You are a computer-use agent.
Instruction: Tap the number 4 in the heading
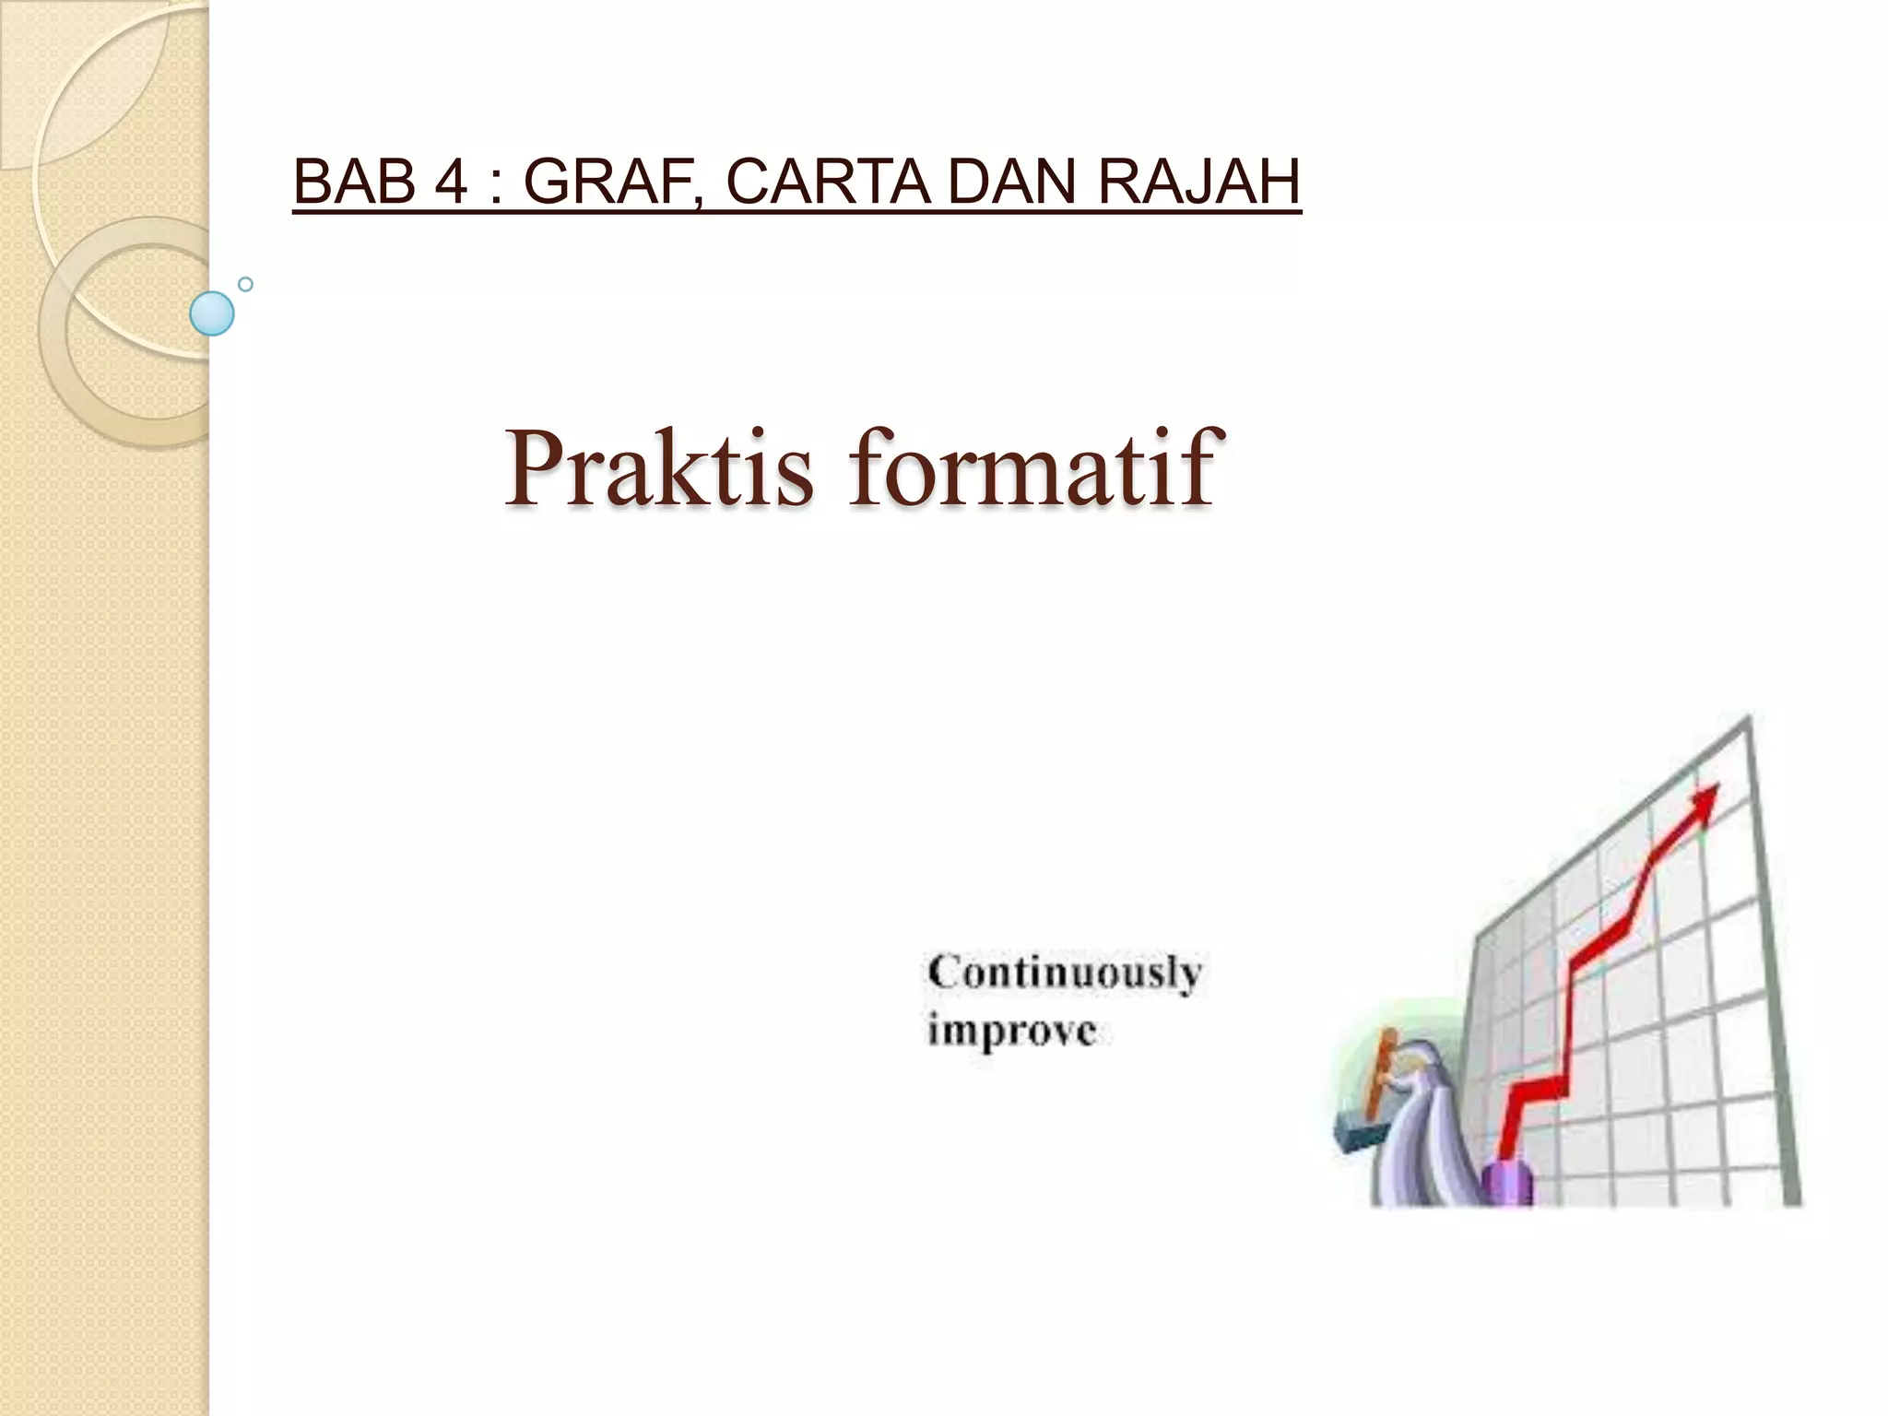pyautogui.click(x=452, y=182)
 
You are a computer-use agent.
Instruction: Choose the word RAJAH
pyautogui.click(x=1198, y=182)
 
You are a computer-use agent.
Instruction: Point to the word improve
pyautogui.click(x=1012, y=1031)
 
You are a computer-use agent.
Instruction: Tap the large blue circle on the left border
pyautogui.click(x=212, y=313)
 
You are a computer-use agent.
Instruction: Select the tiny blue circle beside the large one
pyautogui.click(x=245, y=284)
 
